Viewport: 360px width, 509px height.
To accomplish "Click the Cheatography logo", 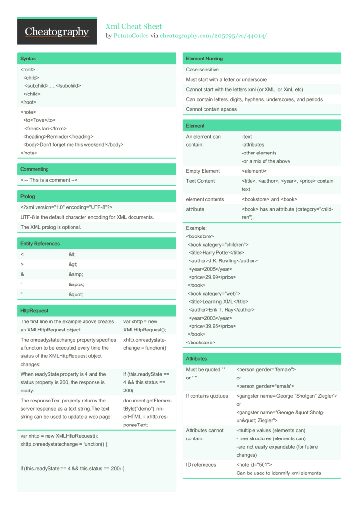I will click(57, 32).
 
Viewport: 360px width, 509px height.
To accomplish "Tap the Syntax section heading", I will click(28, 59).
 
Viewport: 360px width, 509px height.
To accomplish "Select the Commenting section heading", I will click(34, 169).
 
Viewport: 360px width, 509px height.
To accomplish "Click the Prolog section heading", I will click(27, 196).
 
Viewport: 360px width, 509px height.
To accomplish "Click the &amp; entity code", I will click(76, 274).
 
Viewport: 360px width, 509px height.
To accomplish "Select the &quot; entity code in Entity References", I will click(76, 295).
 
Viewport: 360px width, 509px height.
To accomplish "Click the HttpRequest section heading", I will click(34, 310).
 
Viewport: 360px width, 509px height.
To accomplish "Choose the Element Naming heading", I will click(204, 59).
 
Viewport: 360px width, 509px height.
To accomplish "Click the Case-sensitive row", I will click(202, 70).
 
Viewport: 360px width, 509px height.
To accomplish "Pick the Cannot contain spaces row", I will click(211, 109).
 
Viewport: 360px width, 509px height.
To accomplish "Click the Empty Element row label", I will click(203, 171).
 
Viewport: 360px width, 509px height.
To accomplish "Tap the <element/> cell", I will click(254, 171).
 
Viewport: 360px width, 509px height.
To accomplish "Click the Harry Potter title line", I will click(216, 252).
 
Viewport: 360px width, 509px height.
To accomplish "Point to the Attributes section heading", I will click(196, 358).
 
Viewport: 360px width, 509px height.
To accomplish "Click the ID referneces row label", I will click(201, 465).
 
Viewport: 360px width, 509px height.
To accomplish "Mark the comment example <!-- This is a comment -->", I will click(48, 180).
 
